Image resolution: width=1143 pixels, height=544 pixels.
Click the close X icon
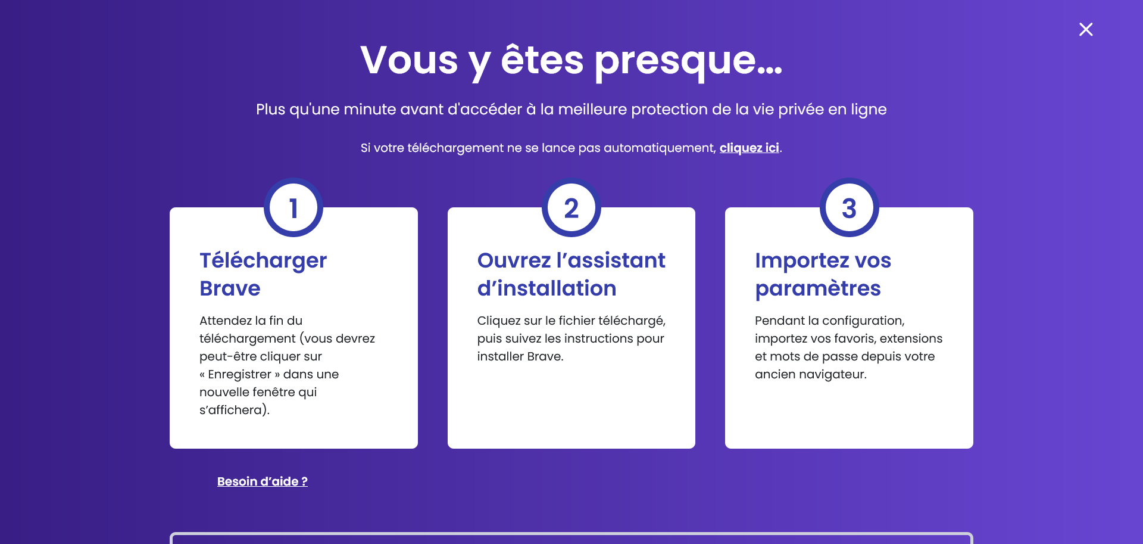1086,29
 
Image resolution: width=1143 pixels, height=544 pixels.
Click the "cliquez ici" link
749,148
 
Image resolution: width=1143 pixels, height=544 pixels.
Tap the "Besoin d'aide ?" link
263,481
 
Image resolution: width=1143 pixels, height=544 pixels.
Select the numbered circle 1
293,207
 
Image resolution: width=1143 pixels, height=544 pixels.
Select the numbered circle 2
571,207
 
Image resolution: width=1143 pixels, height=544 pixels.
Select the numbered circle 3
850,207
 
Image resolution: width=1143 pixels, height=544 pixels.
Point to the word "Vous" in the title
409,60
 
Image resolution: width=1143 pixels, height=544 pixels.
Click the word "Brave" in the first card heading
230,288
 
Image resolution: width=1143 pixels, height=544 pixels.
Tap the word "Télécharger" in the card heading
263,261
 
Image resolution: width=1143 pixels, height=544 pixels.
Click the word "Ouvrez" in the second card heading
514,260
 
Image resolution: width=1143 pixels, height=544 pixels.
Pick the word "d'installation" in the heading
546,288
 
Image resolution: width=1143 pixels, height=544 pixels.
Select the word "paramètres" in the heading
818,289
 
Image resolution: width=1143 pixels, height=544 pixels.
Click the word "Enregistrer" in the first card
239,374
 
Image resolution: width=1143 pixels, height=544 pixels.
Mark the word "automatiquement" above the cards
660,148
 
